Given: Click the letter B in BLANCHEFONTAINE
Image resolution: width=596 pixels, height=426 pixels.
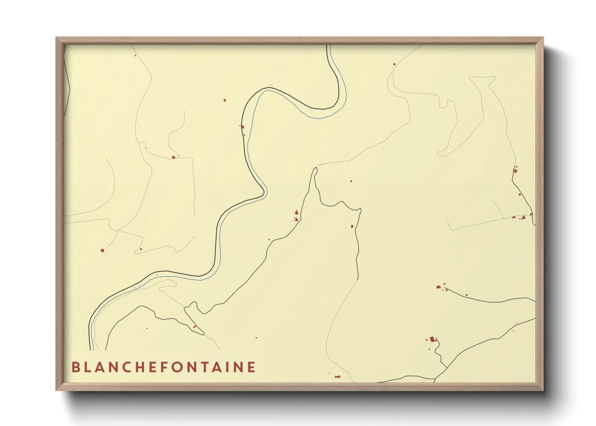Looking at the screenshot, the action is point(75,367).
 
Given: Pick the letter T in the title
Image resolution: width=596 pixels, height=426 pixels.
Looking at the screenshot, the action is point(206,367).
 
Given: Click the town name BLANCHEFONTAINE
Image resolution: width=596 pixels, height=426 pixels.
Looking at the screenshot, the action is point(163,367).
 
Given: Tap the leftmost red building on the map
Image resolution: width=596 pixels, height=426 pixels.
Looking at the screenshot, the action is point(102,250).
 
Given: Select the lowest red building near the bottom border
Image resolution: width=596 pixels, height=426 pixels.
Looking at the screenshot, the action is point(337,377).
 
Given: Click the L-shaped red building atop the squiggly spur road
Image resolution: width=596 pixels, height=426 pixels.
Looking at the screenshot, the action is point(433,339).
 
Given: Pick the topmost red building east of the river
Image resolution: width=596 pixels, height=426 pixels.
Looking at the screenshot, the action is point(394,64).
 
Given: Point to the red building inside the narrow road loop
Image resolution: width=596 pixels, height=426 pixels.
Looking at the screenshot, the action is point(195,327).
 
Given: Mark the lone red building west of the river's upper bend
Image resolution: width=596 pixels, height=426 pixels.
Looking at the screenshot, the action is point(225,100).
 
